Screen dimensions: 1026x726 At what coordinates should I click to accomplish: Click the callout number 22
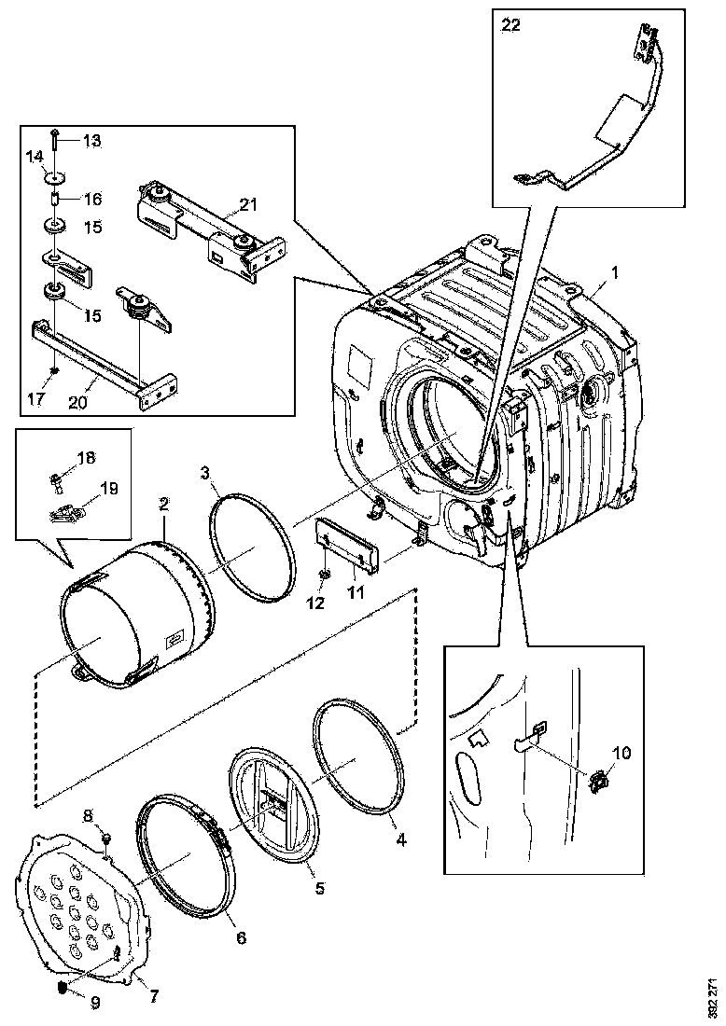coord(511,27)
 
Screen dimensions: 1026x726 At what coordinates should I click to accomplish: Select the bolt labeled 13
coord(55,140)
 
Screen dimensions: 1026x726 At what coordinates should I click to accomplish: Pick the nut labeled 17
coord(55,369)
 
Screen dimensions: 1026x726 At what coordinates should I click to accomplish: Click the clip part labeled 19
coord(62,511)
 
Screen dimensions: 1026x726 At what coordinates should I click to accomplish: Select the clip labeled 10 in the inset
coord(601,780)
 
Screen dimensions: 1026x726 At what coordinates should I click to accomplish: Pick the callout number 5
coord(319,889)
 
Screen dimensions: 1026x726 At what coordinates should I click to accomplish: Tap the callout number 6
coord(240,937)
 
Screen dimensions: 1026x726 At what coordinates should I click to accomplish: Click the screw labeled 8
coord(105,833)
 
